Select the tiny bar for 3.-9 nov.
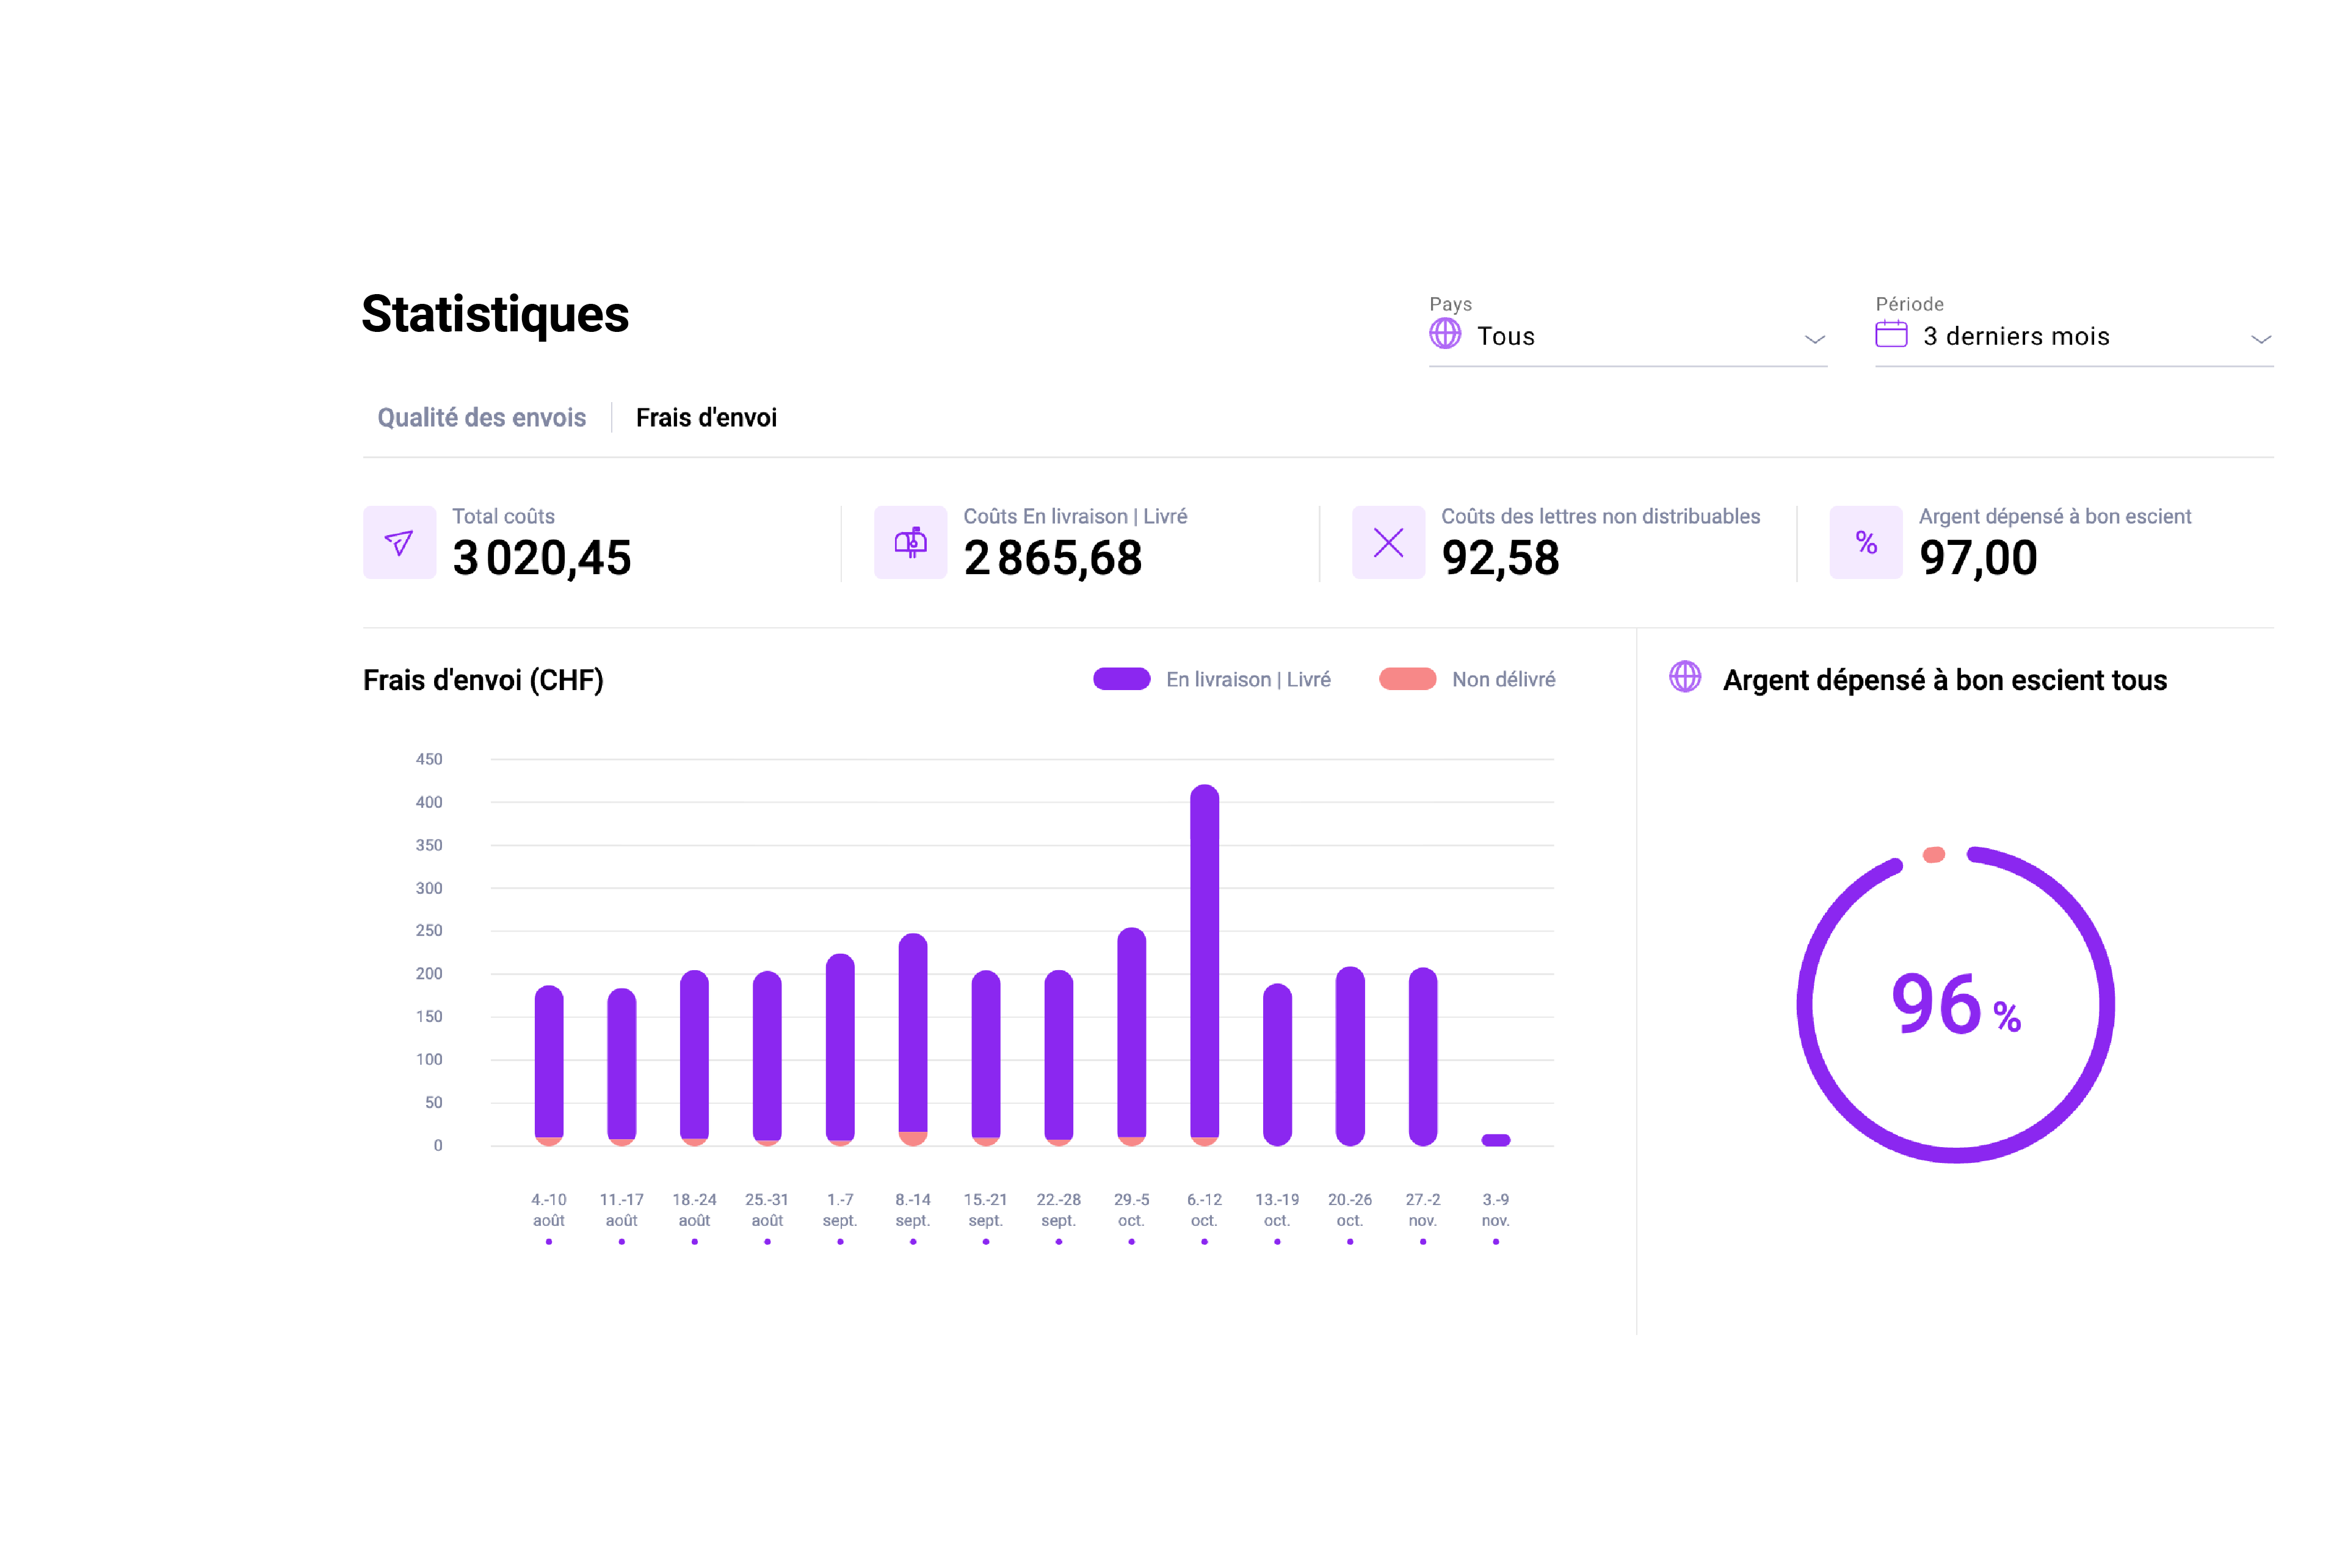1495,1140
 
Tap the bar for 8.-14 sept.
912,1036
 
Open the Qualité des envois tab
480,417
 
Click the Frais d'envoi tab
706,417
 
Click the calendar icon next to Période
1891,335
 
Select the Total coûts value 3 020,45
541,558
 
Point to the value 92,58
1500,558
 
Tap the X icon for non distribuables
1387,543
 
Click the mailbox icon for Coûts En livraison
910,543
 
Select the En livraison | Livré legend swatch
1121,679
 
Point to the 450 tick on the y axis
429,759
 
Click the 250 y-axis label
429,930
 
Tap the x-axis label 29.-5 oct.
1131,1209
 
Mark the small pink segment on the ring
1934,855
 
